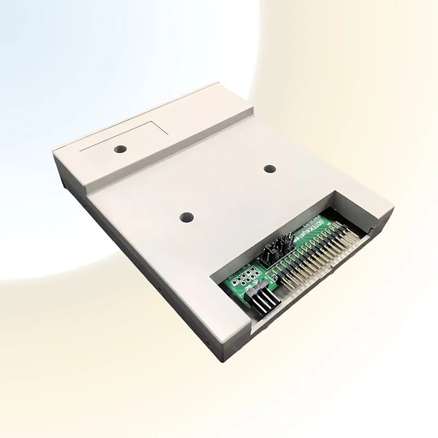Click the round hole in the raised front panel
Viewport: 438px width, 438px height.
(119, 149)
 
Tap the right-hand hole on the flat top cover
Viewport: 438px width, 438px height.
(269, 169)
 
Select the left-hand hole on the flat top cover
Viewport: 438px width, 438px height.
(186, 217)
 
